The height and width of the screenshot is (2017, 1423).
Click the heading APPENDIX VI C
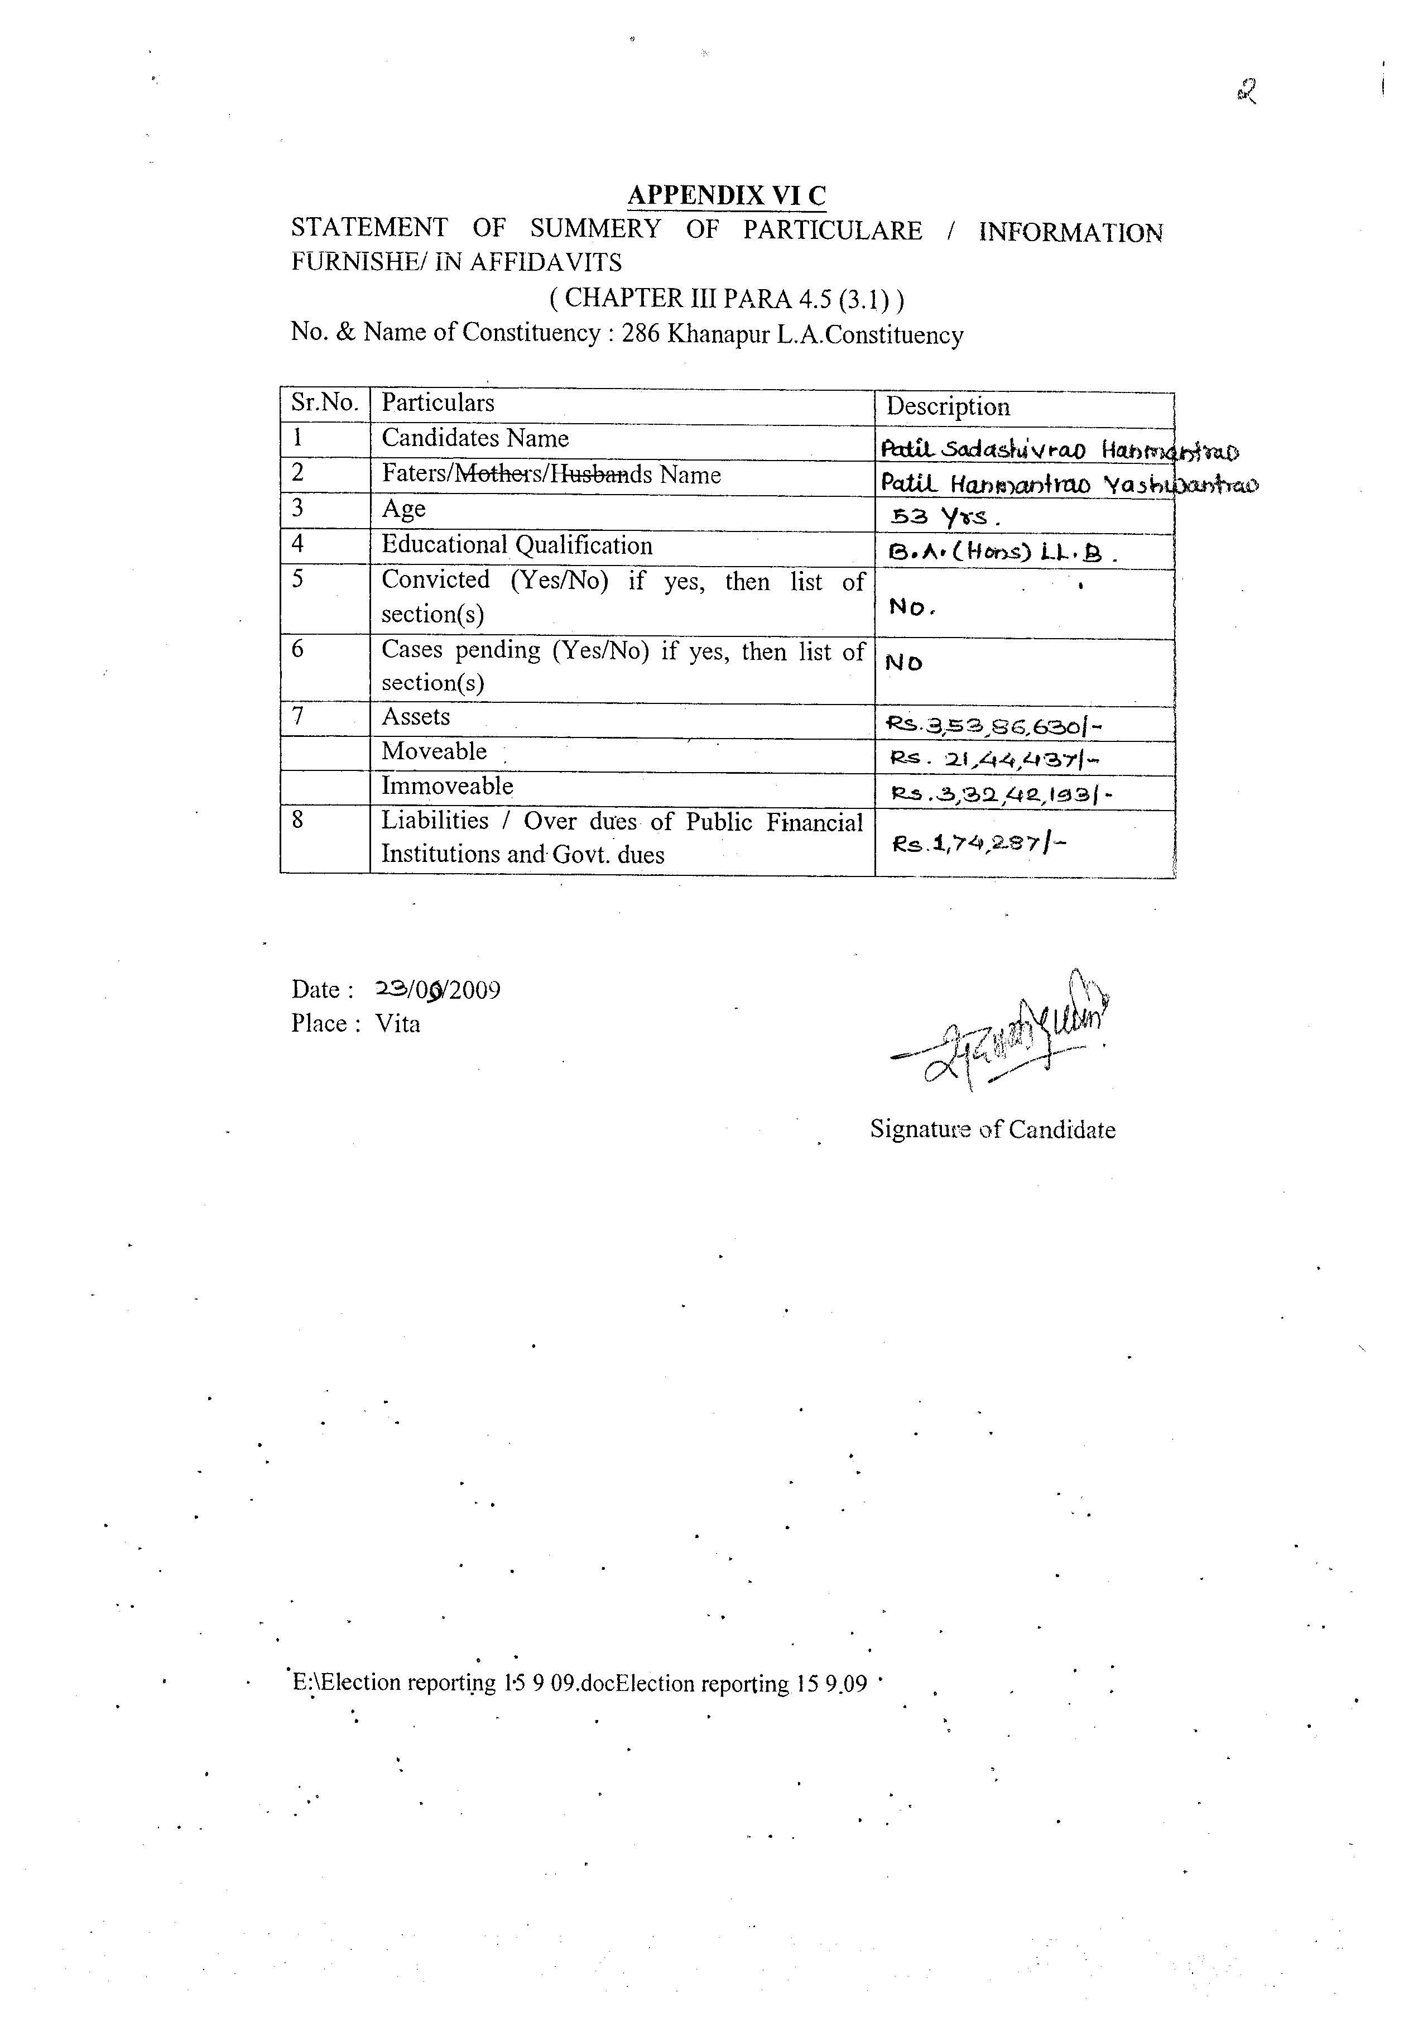(x=727, y=195)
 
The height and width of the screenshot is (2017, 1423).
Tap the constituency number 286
(x=641, y=335)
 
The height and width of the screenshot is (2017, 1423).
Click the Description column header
(x=948, y=407)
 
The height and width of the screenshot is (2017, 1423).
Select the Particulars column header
(x=438, y=403)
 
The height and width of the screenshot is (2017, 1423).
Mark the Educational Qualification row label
(x=517, y=545)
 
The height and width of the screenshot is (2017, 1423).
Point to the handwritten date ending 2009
(x=438, y=990)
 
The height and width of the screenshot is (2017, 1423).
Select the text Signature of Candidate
(x=993, y=1130)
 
